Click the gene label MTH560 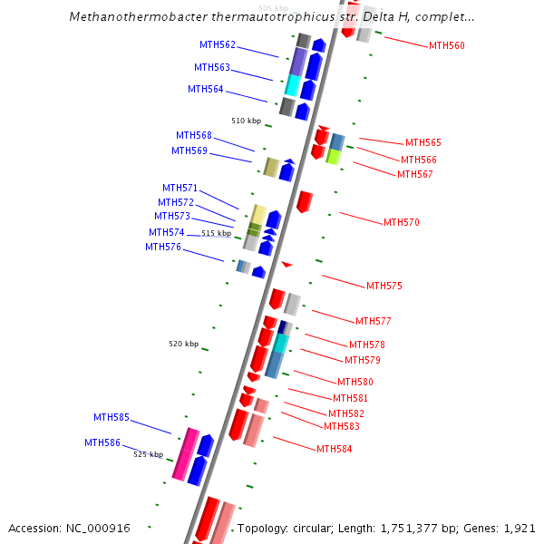[446, 45]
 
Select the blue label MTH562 [218, 44]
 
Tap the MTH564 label [206, 89]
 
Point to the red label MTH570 [401, 222]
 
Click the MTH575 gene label [384, 286]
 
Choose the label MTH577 [374, 321]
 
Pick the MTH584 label [334, 449]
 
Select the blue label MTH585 [112, 418]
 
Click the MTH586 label [102, 442]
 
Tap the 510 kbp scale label [246, 121]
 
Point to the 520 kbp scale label [183, 344]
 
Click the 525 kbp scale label [149, 454]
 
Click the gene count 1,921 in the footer [520, 528]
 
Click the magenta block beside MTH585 [186, 452]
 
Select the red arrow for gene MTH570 [305, 201]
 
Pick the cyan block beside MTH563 [292, 85]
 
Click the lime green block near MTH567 [333, 156]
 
